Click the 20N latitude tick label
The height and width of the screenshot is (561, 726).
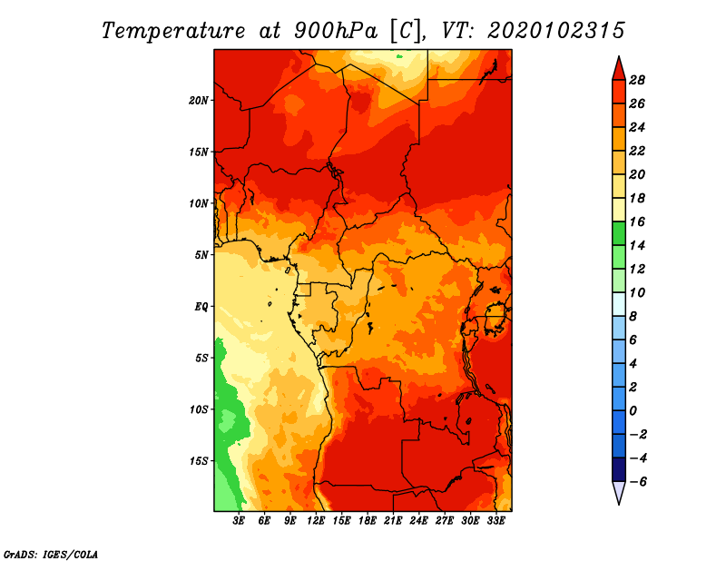coord(198,101)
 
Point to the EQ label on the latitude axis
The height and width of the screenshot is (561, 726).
coord(201,307)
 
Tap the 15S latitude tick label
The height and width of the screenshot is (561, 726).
coord(198,461)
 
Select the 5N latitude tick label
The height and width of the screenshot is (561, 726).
coord(201,255)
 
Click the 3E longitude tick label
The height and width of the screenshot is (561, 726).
coord(239,520)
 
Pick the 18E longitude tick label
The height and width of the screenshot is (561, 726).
coord(367,520)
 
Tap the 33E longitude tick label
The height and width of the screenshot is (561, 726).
coord(495,520)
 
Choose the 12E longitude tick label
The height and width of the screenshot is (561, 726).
coord(315,520)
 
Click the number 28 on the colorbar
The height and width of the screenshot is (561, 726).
coord(637,80)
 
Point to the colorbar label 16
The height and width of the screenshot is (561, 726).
coord(637,221)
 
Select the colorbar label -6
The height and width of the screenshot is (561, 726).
coord(638,482)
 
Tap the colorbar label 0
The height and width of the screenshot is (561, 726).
coord(633,411)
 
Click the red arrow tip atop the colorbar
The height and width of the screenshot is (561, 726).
coord(619,56)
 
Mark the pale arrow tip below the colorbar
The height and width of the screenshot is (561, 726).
coord(619,504)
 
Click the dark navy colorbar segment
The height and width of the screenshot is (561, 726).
coord(619,469)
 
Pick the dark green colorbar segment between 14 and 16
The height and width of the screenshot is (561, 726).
coord(619,233)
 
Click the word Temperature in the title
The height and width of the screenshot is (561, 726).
coord(173,31)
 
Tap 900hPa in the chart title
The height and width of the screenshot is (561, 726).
coord(335,31)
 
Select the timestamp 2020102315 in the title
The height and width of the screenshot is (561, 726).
coord(556,31)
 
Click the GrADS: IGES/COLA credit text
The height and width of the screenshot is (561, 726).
coord(51,554)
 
